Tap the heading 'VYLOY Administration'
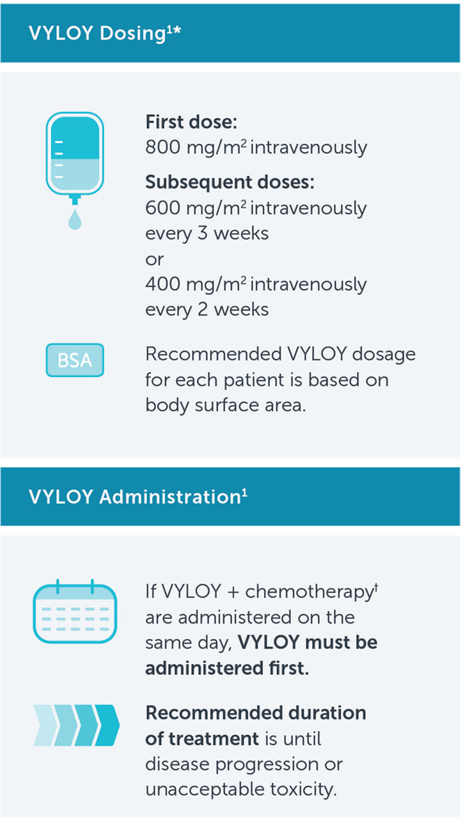pyautogui.click(x=134, y=497)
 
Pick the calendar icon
pyautogui.click(x=75, y=611)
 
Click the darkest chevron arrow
pyautogui.click(x=107, y=725)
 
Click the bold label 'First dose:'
pyautogui.click(x=191, y=122)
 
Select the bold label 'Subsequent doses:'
pyautogui.click(x=230, y=183)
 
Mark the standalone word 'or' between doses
pyautogui.click(x=154, y=259)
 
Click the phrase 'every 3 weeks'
pyautogui.click(x=207, y=233)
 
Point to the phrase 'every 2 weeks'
pyautogui.click(x=207, y=309)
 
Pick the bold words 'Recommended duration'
pyautogui.click(x=256, y=713)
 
